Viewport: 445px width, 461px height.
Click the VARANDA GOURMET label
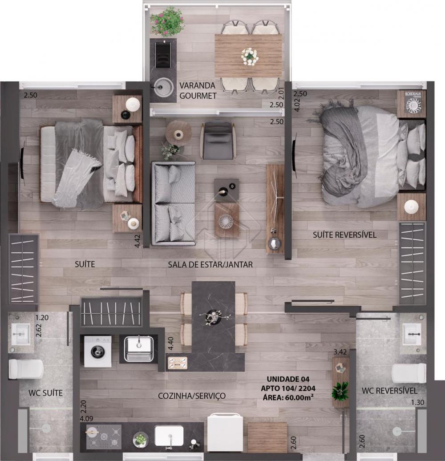(198, 91)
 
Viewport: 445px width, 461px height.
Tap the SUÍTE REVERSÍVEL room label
(344, 235)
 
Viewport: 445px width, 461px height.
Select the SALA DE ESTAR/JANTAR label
(210, 264)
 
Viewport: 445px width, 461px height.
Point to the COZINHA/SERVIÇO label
(192, 396)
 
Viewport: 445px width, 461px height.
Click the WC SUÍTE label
(45, 393)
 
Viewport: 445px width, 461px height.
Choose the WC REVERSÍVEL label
(389, 390)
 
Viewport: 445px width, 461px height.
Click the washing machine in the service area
(97, 352)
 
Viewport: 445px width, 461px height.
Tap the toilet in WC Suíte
(26, 369)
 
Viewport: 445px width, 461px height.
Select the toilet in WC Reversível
(409, 373)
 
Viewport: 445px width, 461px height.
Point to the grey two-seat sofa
(174, 203)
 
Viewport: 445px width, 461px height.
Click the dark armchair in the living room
(218, 141)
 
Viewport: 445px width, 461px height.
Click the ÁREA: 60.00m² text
(288, 397)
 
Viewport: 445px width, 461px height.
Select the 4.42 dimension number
(138, 241)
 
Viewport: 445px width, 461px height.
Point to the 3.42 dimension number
(340, 352)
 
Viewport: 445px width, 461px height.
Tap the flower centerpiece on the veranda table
(250, 57)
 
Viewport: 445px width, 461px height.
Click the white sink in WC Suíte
(20, 335)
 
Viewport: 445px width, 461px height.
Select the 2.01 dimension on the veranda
(282, 94)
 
